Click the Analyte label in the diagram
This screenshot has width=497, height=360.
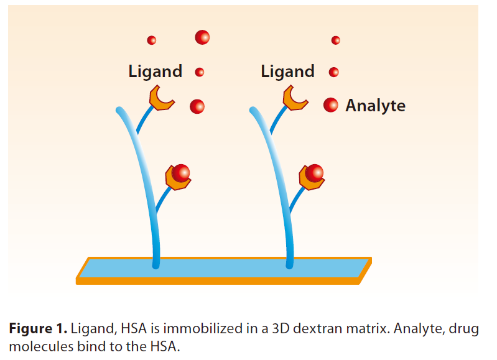[x=375, y=106]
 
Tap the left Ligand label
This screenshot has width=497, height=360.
[x=155, y=72]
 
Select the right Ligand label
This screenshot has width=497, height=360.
[x=287, y=72]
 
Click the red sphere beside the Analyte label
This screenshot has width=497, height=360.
[x=331, y=105]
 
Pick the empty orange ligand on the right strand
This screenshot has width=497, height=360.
[x=295, y=98]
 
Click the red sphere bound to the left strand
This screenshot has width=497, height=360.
[x=181, y=172]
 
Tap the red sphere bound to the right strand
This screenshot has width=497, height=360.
[x=315, y=172]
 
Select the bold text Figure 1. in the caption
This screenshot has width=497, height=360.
[x=38, y=329]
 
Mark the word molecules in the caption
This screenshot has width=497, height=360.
[x=37, y=346]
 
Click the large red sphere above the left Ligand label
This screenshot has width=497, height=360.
[x=202, y=37]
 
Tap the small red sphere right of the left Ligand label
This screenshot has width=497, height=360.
[x=200, y=72]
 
